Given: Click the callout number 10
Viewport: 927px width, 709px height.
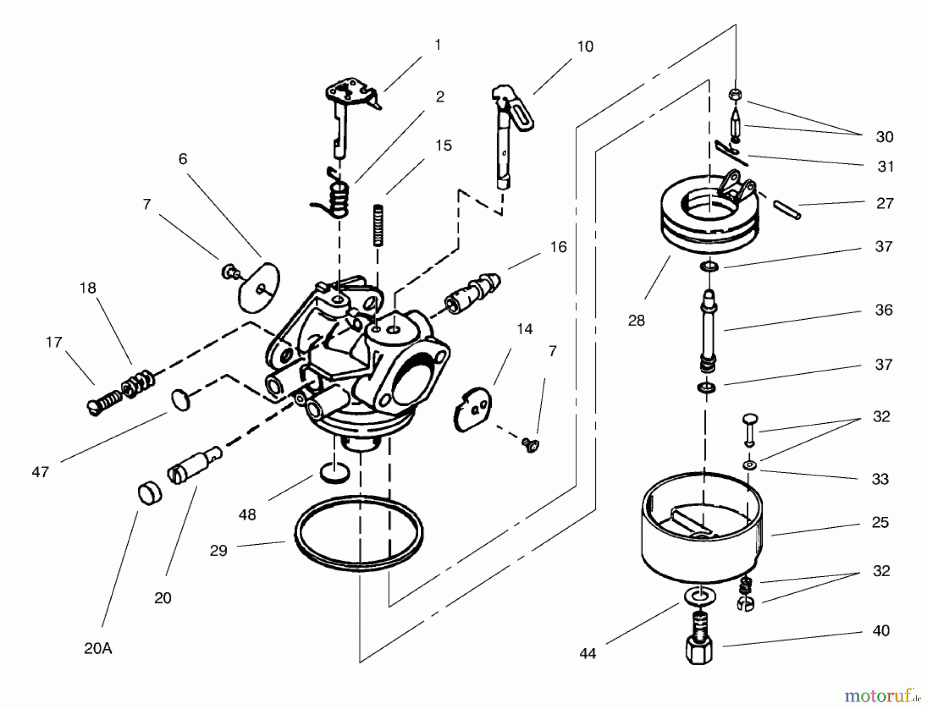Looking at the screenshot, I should [585, 46].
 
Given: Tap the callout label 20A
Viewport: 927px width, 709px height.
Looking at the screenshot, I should [98, 648].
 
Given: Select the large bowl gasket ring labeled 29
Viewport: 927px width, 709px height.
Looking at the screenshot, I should [359, 533].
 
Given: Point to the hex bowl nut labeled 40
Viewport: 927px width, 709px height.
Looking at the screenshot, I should [699, 646].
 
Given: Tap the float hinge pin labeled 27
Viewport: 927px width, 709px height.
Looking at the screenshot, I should [787, 210].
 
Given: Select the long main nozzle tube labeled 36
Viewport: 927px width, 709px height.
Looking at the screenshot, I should [709, 330].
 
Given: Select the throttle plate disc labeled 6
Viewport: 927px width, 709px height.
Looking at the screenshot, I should [259, 286].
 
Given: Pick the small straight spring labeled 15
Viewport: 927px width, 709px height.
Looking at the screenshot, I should [380, 225].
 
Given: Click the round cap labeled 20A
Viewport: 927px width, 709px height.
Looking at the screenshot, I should [150, 493].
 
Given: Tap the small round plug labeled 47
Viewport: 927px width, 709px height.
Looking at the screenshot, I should [179, 400].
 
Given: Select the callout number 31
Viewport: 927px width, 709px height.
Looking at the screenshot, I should [885, 166].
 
